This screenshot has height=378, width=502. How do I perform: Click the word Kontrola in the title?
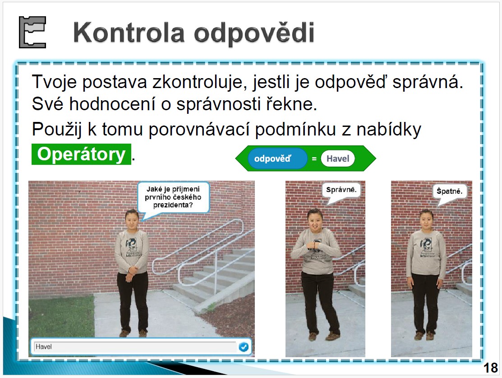pyautogui.click(x=129, y=33)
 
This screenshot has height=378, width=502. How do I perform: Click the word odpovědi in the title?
pyautogui.click(x=254, y=33)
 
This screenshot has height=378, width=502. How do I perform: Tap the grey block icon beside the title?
pyautogui.click(x=32, y=32)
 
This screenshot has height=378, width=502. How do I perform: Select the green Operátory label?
pyautogui.click(x=81, y=154)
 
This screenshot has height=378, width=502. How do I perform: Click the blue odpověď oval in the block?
pyautogui.click(x=277, y=159)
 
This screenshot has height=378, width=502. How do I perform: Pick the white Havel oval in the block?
pyautogui.click(x=338, y=159)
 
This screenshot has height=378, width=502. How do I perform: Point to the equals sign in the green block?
pyautogui.click(x=314, y=159)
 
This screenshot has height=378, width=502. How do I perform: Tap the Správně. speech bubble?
pyautogui.click(x=341, y=192)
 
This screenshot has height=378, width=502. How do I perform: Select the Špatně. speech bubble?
pyautogui.click(x=450, y=193)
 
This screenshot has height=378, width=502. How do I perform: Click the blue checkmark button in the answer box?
pyautogui.click(x=244, y=346)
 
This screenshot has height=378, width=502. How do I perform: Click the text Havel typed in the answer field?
pyautogui.click(x=44, y=346)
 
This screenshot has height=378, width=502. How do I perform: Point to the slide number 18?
pyautogui.click(x=490, y=368)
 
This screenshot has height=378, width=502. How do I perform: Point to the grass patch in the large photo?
pyautogui.click(x=61, y=316)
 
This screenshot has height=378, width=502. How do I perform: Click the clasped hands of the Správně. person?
pyautogui.click(x=315, y=247)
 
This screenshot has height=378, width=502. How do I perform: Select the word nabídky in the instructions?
pyautogui.click(x=389, y=130)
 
